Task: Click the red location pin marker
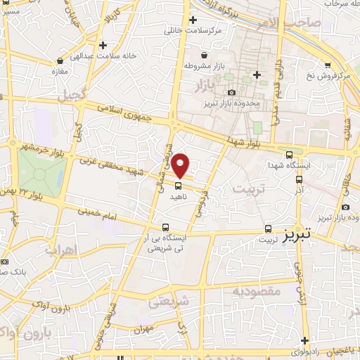click(x=181, y=165)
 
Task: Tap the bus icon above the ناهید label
click(x=177, y=186)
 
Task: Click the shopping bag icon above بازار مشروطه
click(x=204, y=55)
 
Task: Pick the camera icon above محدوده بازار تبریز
click(x=231, y=93)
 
